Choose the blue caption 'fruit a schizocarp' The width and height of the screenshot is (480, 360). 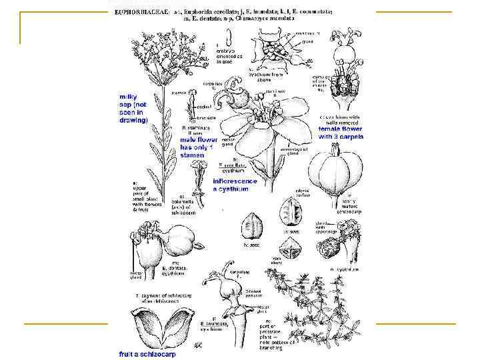coord(139,353)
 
